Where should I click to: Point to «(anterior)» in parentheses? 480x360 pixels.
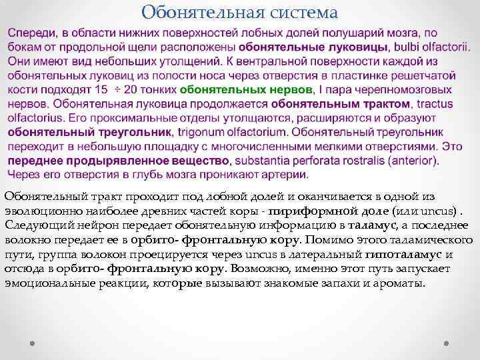(x=412, y=161)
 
